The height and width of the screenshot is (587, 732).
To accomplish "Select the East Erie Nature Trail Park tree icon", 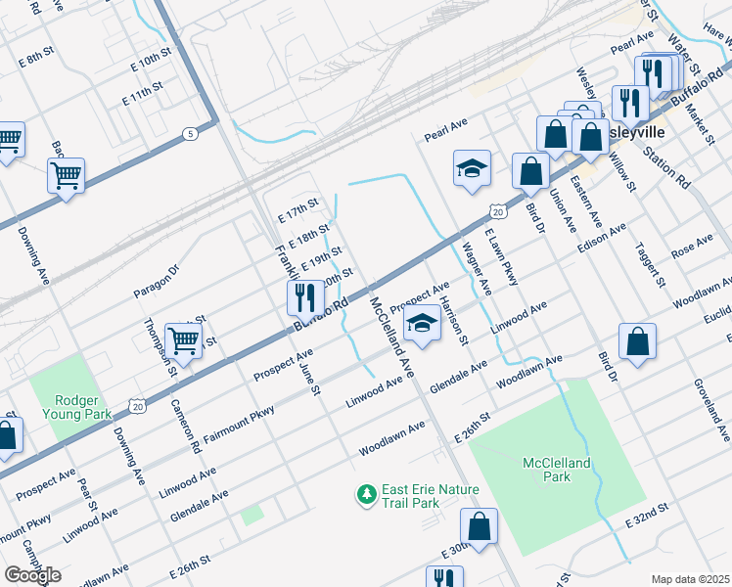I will coord(367,495).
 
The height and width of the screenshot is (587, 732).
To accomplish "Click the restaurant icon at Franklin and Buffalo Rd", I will coord(305,296).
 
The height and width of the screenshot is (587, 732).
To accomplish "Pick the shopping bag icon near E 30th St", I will coord(480,526).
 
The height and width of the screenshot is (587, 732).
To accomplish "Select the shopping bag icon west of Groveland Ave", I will coord(637,341).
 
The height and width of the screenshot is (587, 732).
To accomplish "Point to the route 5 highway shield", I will coord(187,133).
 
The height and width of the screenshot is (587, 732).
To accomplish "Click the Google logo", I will coord(32,575).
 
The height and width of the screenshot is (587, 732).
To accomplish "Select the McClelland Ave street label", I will coord(392,337).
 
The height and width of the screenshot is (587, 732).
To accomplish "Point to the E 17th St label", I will coord(298,208).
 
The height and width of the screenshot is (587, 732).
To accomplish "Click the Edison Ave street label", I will coord(601,240).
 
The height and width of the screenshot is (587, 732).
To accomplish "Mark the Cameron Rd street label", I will coord(185,426).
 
